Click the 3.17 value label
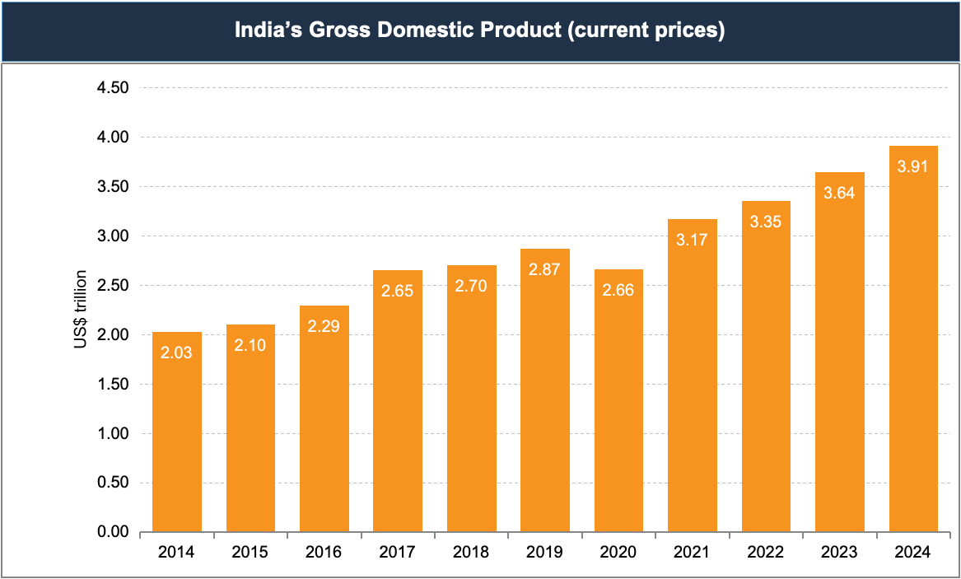[x=693, y=240]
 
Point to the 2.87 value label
[x=545, y=269]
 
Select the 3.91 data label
[x=913, y=166]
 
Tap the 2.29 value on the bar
[x=324, y=326]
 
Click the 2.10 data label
[x=250, y=345]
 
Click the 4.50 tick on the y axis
[x=113, y=88]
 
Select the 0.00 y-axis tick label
[x=113, y=533]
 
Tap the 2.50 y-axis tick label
[x=113, y=286]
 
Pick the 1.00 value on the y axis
[x=113, y=434]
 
